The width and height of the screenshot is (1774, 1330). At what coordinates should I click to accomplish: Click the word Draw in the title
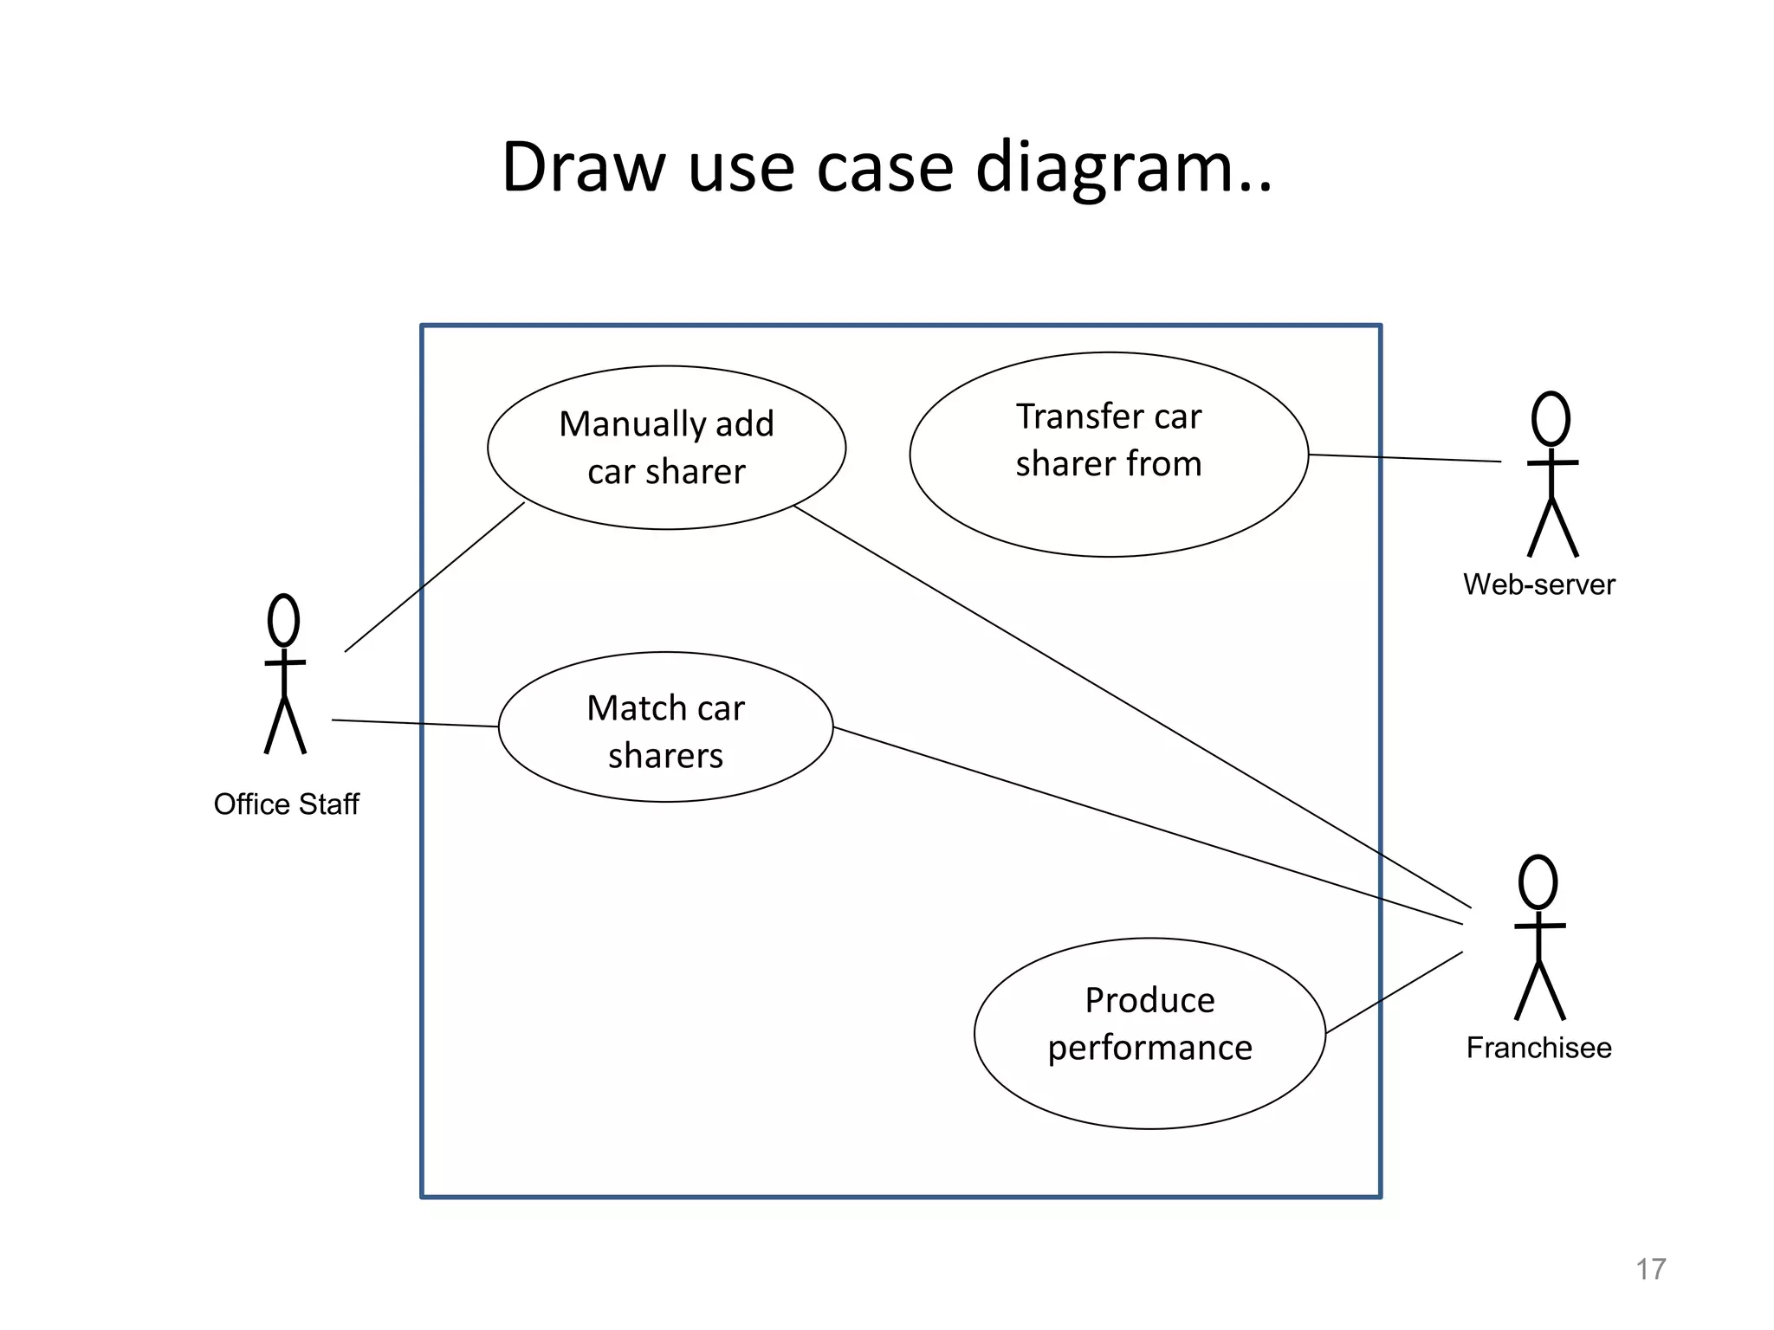point(582,167)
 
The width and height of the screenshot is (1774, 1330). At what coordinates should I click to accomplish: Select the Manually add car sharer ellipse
point(666,448)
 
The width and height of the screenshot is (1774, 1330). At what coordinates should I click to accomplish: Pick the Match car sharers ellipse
point(665,727)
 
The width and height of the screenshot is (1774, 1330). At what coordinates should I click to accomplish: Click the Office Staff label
point(286,804)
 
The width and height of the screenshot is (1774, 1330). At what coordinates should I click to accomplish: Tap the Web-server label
point(1538,584)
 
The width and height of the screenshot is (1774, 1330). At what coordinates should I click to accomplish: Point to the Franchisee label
point(1538,1048)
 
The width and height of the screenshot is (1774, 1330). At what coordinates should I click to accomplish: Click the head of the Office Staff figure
point(283,620)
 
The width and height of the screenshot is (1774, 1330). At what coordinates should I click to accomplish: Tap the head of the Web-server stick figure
point(1551,418)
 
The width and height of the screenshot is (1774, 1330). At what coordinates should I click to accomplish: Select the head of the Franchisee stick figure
point(1538,882)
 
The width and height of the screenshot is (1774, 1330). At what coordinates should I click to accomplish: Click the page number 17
point(1650,1269)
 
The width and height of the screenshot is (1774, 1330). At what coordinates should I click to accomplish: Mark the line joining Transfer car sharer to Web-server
point(1403,458)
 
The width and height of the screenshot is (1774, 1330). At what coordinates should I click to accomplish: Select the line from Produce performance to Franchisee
point(1395,992)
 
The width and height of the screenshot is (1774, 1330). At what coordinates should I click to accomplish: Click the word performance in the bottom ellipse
point(1149,1049)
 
